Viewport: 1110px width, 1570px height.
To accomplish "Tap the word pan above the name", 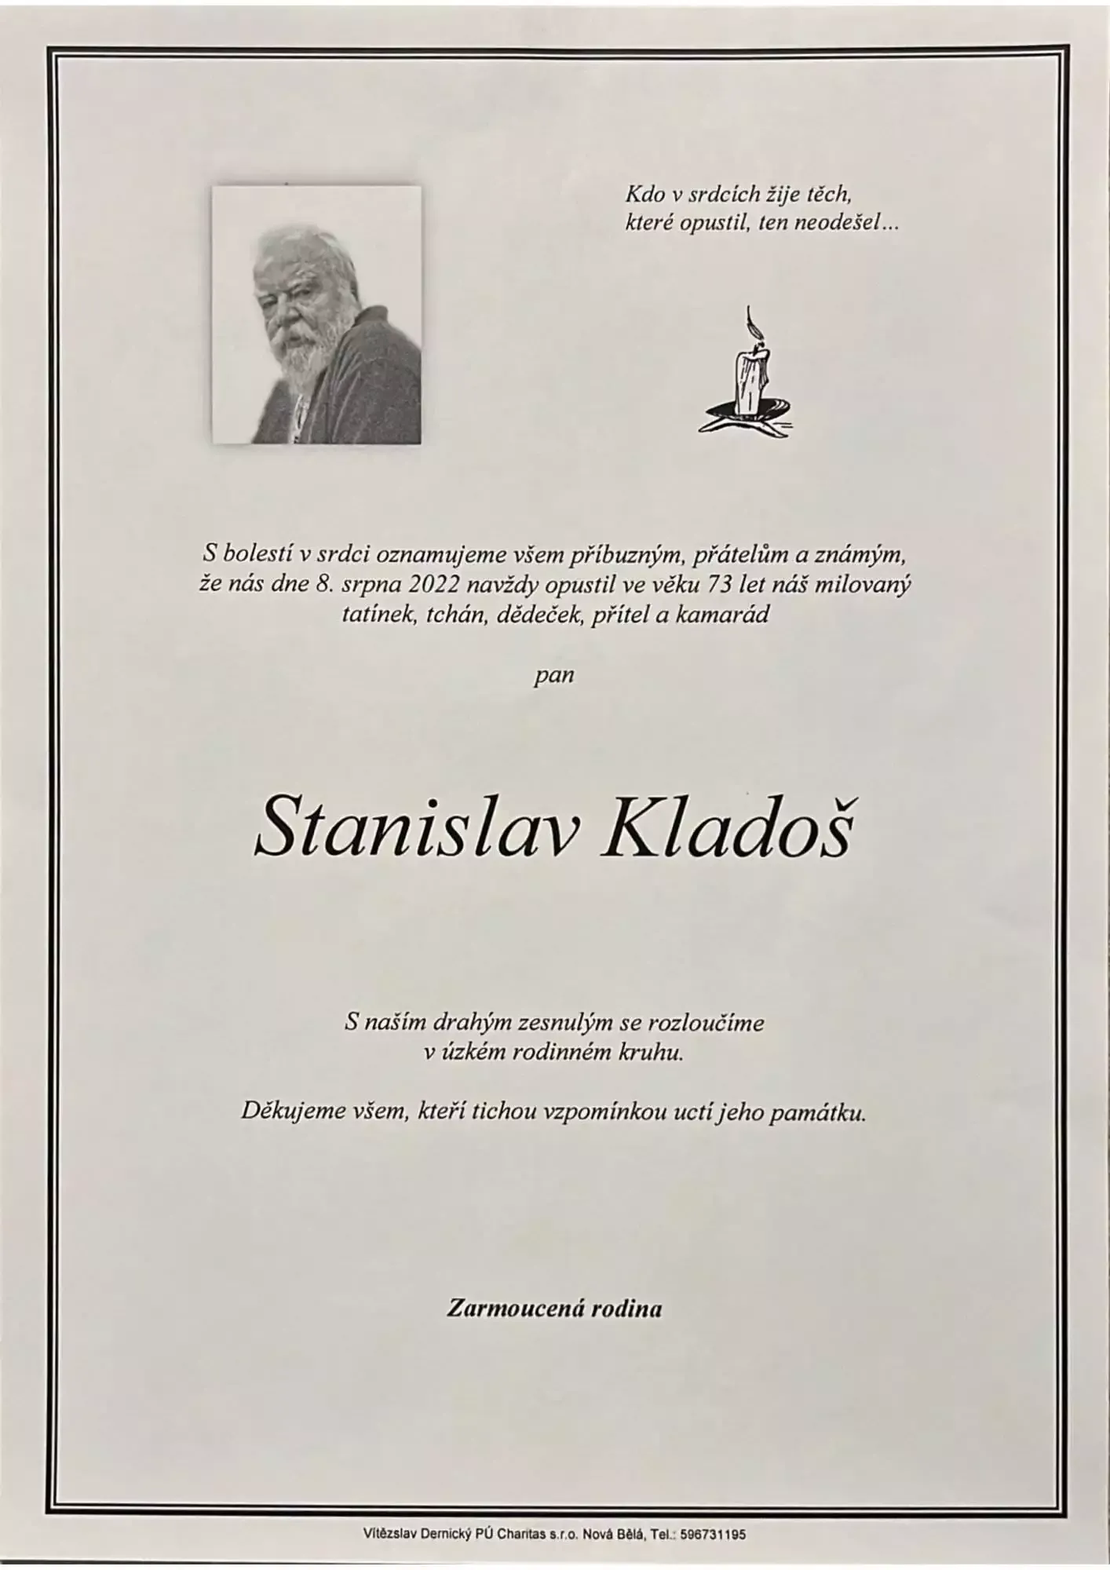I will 553,674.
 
